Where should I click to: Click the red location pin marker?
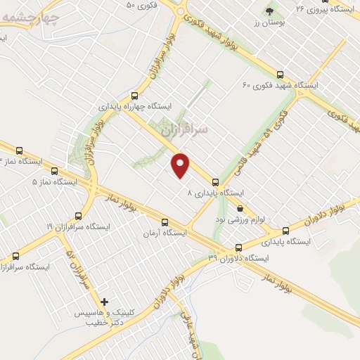[181, 165]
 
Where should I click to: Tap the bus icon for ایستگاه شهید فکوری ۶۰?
[280, 74]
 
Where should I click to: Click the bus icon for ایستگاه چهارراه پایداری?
[134, 95]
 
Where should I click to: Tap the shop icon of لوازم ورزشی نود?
[240, 208]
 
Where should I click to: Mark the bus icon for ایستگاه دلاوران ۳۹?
[238, 247]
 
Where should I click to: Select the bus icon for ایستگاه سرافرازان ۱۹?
[77, 217]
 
